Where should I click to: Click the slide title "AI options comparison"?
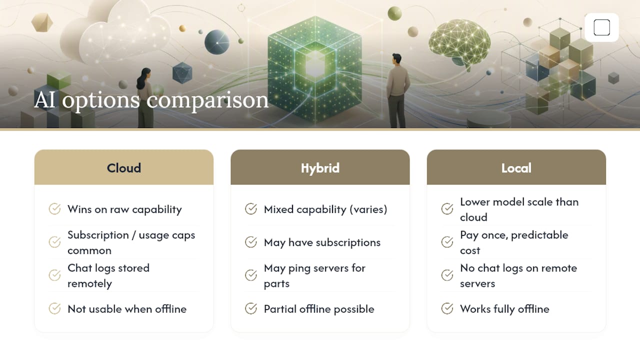tap(151, 100)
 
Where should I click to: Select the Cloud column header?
tap(123, 167)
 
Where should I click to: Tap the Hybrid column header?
tap(320, 167)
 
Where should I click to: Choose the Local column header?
tap(516, 167)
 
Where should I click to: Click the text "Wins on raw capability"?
tap(124, 209)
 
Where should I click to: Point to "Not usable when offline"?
tap(127, 309)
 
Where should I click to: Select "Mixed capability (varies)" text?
tap(325, 209)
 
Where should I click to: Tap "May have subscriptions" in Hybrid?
tap(322, 242)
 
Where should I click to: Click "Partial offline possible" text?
tap(319, 309)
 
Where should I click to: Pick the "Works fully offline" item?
tap(504, 309)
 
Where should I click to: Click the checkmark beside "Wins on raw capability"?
tap(54, 209)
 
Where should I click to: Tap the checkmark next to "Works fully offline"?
tap(447, 308)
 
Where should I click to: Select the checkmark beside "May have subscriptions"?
tap(251, 242)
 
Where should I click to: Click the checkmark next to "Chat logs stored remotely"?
tap(54, 275)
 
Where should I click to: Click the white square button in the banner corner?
tap(601, 27)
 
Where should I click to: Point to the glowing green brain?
tap(459, 43)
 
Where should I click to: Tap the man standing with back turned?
tap(397, 90)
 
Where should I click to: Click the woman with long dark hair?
tap(145, 97)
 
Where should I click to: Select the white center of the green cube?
tap(315, 64)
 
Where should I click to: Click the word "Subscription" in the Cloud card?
tap(98, 235)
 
